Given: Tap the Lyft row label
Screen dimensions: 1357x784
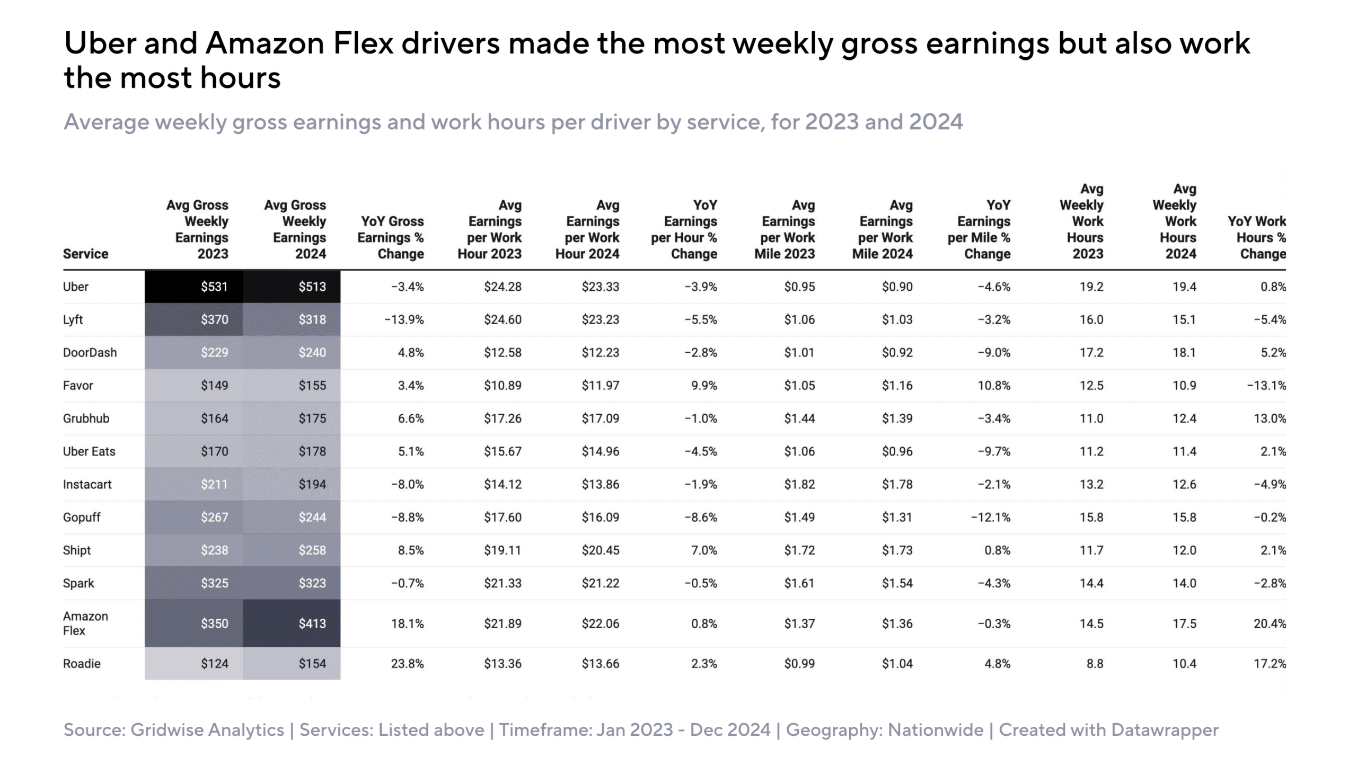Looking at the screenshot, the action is [73, 319].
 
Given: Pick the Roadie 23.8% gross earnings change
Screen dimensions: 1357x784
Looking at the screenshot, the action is [407, 663].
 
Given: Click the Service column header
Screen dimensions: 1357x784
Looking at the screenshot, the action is [86, 253].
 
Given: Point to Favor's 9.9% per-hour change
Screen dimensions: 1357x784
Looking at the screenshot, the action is [704, 385].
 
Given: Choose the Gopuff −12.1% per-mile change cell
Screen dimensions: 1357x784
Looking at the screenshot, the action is [990, 517].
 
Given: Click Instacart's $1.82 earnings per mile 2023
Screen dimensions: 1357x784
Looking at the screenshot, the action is [799, 484].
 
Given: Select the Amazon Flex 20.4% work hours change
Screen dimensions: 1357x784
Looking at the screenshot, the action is [1270, 623].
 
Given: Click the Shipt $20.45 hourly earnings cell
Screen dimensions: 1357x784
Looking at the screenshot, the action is [600, 550].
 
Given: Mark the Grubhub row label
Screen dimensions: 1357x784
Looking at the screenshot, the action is [86, 418].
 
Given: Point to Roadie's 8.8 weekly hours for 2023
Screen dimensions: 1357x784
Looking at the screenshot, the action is [1094, 663].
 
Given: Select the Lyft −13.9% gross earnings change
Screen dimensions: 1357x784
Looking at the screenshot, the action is [404, 319].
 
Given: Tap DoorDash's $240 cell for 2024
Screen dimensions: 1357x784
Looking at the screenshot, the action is [312, 352].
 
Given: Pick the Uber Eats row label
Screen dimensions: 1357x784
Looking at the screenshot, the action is [89, 451].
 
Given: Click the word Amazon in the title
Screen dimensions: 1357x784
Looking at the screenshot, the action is [265, 43].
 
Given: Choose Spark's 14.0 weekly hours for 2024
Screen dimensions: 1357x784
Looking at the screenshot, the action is [1184, 583].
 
